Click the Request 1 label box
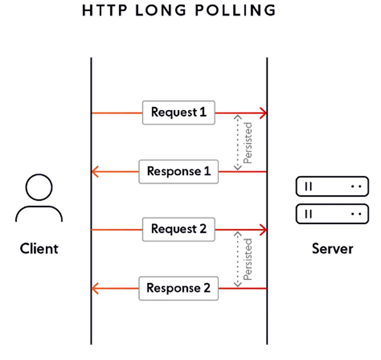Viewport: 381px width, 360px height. point(179,113)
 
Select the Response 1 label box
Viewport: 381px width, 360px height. point(179,172)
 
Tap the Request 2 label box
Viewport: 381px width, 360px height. point(179,229)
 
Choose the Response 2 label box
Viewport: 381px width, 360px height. point(179,288)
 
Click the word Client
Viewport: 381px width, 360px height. point(39,249)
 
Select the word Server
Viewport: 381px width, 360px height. point(333,249)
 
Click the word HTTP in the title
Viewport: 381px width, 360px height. point(105,10)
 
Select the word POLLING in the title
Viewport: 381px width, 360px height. point(235,10)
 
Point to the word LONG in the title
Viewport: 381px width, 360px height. point(161,10)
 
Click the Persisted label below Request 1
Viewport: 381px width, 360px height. point(248,143)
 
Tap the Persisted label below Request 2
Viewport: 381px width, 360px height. point(248,259)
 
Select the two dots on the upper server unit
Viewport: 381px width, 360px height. point(356,187)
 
